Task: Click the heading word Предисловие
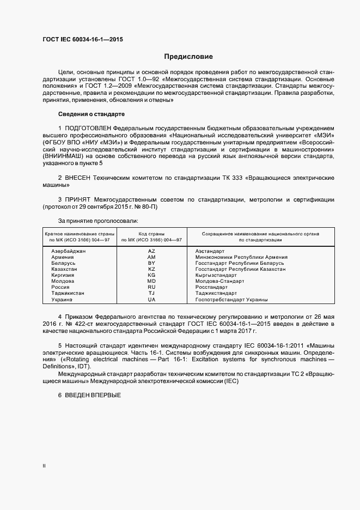click(189, 57)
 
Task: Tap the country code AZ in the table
click(151, 251)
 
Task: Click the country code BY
click(151, 263)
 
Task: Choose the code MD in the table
click(151, 281)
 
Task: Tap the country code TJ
click(151, 293)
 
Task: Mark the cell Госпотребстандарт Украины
click(231, 300)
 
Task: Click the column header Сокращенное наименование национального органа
click(260, 234)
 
